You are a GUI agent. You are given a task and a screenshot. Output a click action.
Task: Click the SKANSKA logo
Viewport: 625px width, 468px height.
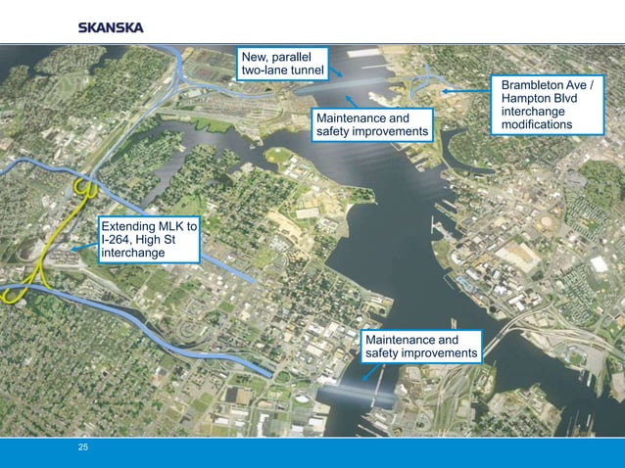click(x=111, y=27)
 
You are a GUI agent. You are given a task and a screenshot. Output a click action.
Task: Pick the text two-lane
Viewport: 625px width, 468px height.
click(x=259, y=71)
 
